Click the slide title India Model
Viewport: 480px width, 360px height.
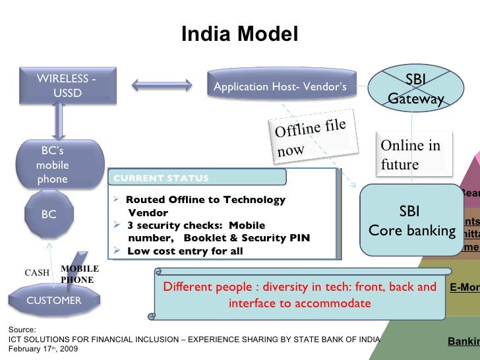click(239, 34)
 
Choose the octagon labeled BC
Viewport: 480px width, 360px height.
click(49, 214)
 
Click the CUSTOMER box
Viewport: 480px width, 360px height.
click(53, 301)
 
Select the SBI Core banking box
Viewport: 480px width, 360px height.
click(409, 221)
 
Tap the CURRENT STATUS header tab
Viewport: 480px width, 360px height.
click(198, 178)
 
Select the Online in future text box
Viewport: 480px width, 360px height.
click(410, 155)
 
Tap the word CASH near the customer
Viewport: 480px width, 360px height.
click(37, 272)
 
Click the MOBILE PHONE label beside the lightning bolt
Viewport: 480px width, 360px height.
click(79, 274)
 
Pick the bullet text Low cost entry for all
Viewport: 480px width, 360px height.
click(185, 251)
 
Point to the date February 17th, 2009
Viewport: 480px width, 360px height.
click(41, 348)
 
